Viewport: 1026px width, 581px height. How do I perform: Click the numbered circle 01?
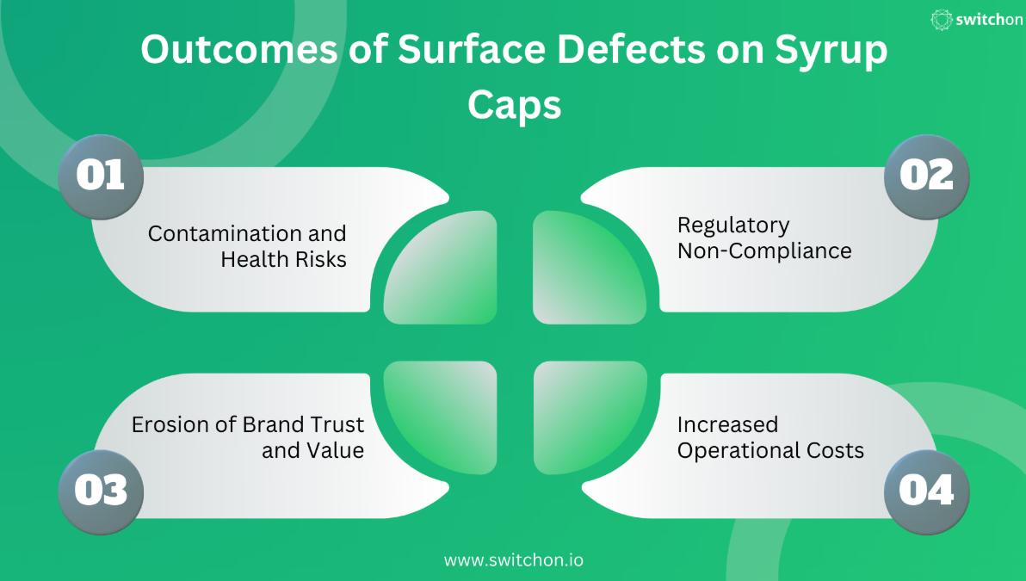(x=101, y=176)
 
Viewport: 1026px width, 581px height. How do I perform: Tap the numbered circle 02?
(x=926, y=176)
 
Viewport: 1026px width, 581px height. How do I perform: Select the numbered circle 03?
(x=101, y=492)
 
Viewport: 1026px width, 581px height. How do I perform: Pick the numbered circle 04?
(x=926, y=492)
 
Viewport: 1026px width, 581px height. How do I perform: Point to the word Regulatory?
(x=733, y=226)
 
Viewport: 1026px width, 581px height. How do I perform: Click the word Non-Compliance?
(x=764, y=250)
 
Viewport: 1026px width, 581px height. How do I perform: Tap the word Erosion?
(x=170, y=424)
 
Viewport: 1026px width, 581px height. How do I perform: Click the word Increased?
(x=727, y=424)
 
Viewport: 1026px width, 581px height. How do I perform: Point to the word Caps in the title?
(x=515, y=106)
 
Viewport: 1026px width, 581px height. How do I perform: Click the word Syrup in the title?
(x=831, y=51)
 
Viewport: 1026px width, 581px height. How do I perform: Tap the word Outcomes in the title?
(x=238, y=49)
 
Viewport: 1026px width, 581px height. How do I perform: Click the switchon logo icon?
(x=942, y=20)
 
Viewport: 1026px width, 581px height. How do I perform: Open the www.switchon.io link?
(x=514, y=560)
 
